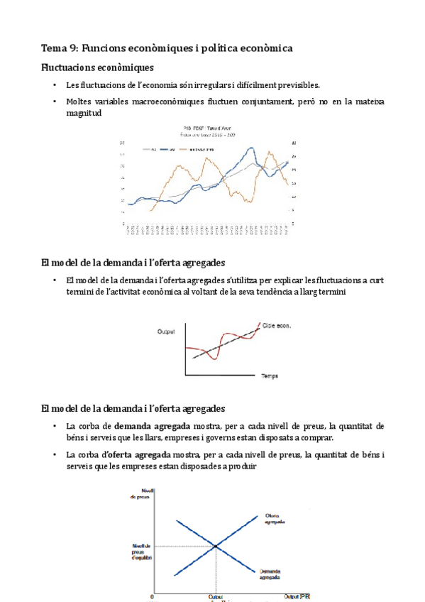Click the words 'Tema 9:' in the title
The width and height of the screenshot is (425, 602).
coord(60,48)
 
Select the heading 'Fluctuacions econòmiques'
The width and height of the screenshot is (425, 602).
coord(97,67)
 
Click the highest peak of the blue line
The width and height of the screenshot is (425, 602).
coord(252,148)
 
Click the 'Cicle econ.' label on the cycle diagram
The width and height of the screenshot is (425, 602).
coord(277,326)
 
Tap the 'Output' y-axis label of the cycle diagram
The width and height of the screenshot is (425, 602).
coord(167,331)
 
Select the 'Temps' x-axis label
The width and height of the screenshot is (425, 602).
coord(270,375)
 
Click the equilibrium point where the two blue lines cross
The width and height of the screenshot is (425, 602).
coord(215,546)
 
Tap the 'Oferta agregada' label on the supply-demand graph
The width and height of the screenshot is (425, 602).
coord(275,518)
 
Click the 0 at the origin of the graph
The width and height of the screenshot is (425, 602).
coord(151,596)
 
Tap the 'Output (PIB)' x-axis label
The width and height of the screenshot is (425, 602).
coord(297,596)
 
